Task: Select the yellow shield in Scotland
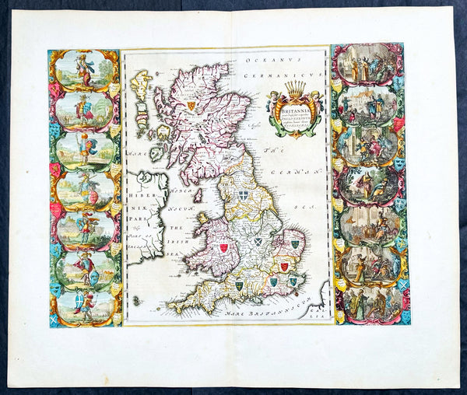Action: [189, 106]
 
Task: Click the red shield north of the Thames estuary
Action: [285, 267]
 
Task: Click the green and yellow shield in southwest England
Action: [240, 287]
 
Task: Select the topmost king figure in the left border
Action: [82, 68]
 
